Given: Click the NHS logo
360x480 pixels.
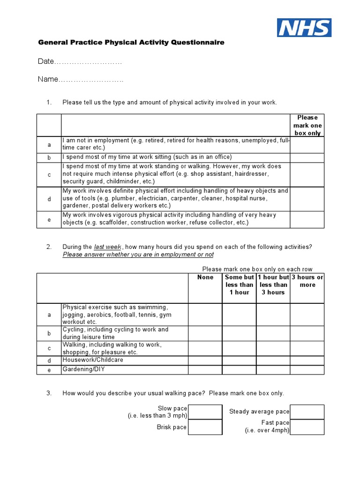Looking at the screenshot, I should pyautogui.click(x=304, y=28).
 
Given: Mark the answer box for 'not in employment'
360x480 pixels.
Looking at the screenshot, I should pyautogui.click(x=307, y=145).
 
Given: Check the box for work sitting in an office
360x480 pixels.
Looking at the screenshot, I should pyautogui.click(x=307, y=157).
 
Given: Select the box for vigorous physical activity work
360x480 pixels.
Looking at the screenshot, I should pyautogui.click(x=307, y=219).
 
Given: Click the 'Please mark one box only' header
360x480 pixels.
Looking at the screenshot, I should pyautogui.click(x=307, y=125).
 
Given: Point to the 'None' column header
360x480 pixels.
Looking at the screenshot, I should pyautogui.click(x=205, y=277).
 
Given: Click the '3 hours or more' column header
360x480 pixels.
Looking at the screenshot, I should pyautogui.click(x=307, y=281).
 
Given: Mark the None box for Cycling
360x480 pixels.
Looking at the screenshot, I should pyautogui.click(x=205, y=333).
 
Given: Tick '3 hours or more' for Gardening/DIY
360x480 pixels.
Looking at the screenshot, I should pyautogui.click(x=307, y=370).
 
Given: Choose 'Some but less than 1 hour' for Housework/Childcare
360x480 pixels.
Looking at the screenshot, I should pyautogui.click(x=239, y=360).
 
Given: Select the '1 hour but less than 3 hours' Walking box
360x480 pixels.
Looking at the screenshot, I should pyautogui.click(x=273, y=348).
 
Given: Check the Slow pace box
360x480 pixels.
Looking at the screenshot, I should pyautogui.click(x=205, y=412).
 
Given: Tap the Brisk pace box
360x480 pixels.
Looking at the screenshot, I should pyautogui.click(x=205, y=427).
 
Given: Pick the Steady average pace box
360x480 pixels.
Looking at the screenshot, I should pyautogui.click(x=307, y=412).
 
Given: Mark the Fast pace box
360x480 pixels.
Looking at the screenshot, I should pyautogui.click(x=307, y=427).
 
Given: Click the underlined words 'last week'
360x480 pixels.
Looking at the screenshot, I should pyautogui.click(x=108, y=247).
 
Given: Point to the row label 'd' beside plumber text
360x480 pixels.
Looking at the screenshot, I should pyautogui.click(x=49, y=199).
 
